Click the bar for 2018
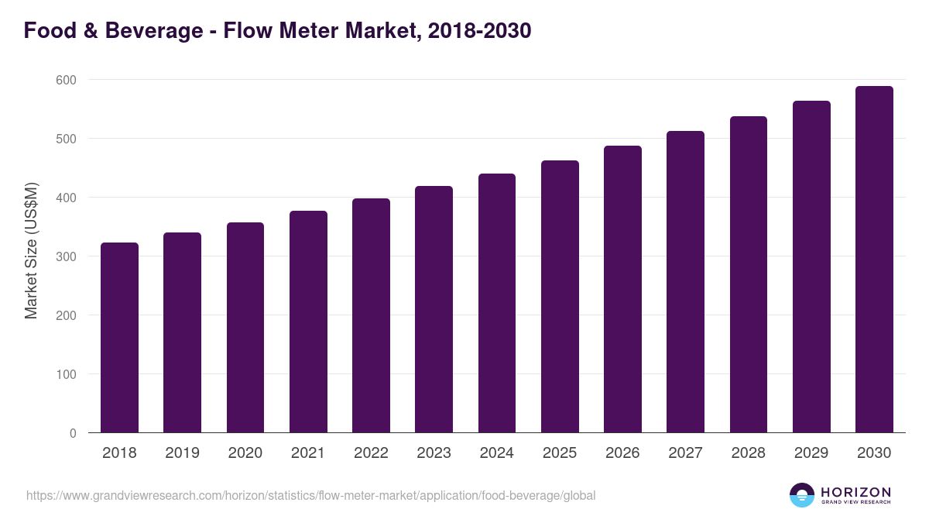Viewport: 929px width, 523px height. [x=119, y=338]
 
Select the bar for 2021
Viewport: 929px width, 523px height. [x=308, y=322]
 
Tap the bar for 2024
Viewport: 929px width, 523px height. [x=496, y=303]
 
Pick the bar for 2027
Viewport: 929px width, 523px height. [x=685, y=282]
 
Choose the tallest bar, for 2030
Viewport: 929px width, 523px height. [x=874, y=260]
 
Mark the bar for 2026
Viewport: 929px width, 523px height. [x=622, y=289]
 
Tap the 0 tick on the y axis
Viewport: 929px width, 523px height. [x=73, y=433]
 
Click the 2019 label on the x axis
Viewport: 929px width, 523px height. [x=182, y=453]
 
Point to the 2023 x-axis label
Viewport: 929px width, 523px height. [x=434, y=453]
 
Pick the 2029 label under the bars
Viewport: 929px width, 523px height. [x=811, y=453]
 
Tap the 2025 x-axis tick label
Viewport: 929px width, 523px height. [x=560, y=453]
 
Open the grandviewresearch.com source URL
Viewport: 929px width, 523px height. [x=310, y=495]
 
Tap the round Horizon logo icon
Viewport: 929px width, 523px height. [x=802, y=495]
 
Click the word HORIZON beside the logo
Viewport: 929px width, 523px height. [x=855, y=491]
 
